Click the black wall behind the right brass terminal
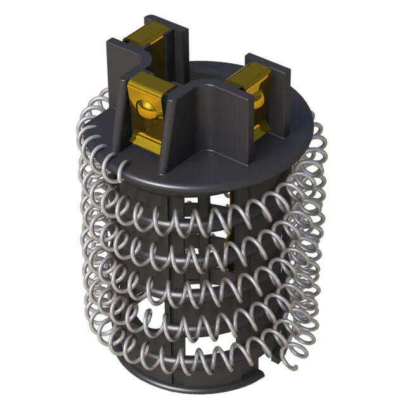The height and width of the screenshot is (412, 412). [279, 95]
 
